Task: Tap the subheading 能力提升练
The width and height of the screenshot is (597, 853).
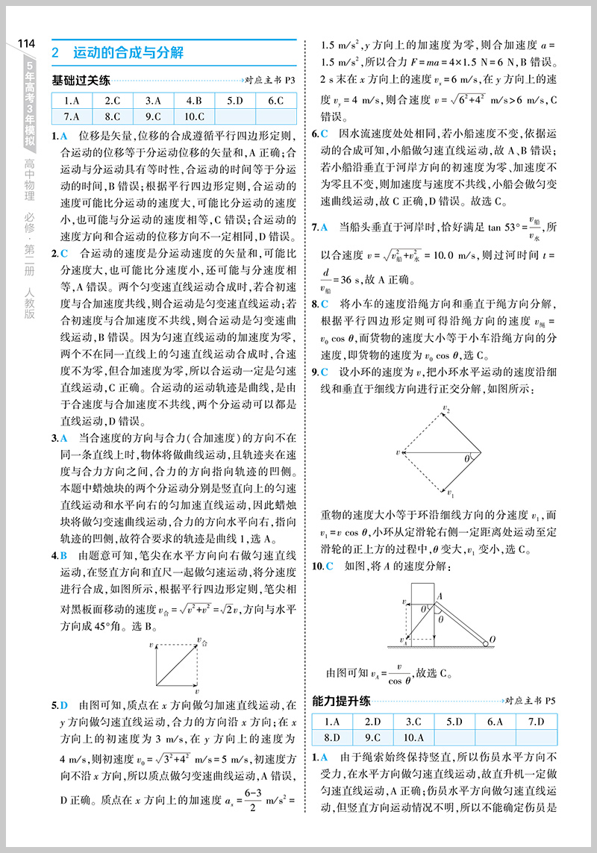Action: (x=340, y=701)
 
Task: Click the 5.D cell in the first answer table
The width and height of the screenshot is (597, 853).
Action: (x=234, y=100)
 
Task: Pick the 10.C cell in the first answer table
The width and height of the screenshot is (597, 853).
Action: (x=193, y=116)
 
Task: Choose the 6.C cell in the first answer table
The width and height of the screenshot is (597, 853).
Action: (x=275, y=100)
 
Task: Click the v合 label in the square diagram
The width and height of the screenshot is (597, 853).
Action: (x=202, y=640)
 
